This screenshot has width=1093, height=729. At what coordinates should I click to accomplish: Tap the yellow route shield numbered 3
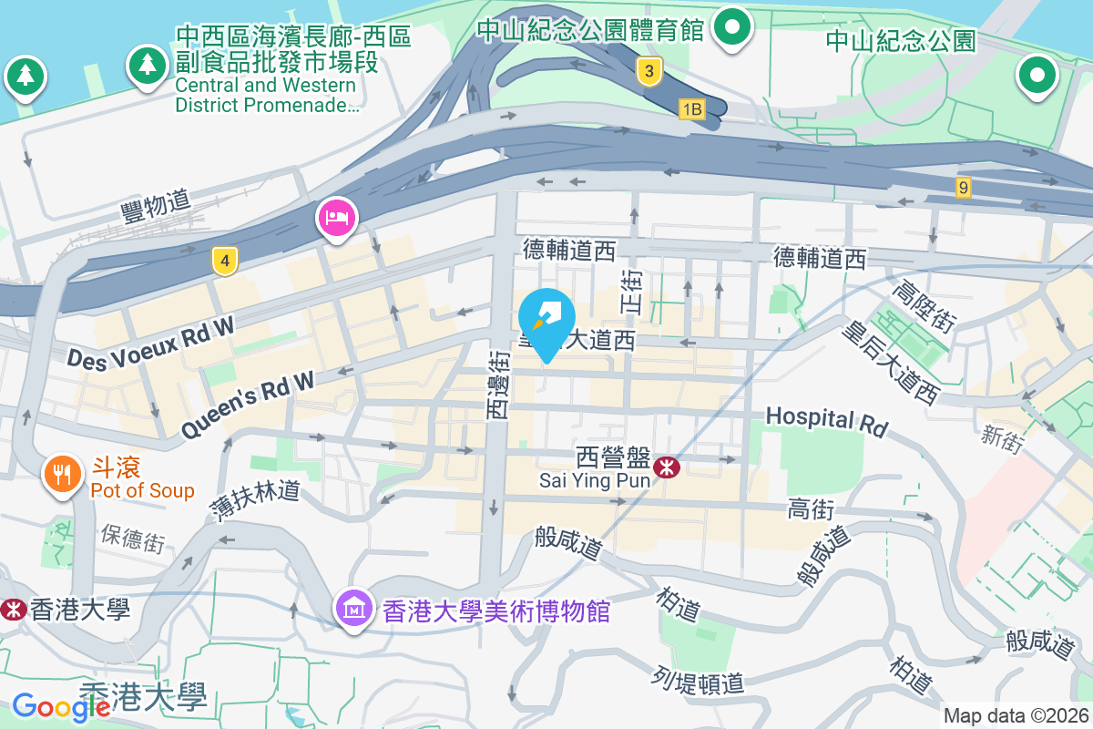648,70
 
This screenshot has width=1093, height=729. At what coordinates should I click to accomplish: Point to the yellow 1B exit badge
692,109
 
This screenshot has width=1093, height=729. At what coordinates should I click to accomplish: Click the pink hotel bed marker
337,219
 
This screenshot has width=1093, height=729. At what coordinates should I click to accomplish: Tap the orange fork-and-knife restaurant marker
62,474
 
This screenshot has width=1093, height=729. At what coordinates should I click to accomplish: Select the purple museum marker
353,607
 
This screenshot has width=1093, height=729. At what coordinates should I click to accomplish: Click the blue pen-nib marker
546,318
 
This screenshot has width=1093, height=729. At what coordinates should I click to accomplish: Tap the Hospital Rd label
826,420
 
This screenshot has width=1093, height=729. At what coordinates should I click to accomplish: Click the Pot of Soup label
142,490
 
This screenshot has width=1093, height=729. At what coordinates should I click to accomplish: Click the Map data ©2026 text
1016,716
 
